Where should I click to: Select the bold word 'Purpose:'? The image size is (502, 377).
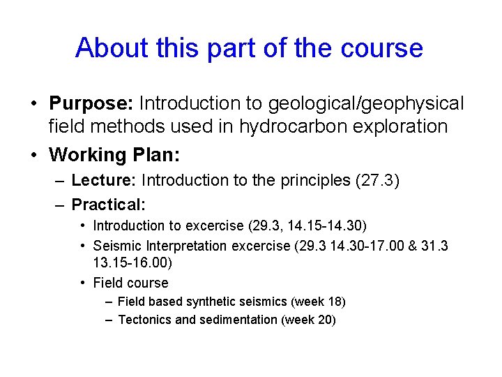coord(91,104)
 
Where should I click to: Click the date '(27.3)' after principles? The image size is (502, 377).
coord(377,181)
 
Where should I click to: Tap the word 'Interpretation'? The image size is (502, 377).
coord(184,246)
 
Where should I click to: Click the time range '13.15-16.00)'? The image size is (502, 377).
coord(132,264)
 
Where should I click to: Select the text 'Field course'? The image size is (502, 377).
coord(130,283)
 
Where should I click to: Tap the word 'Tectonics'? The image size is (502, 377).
coord(145,320)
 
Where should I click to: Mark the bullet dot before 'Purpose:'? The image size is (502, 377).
coord(33,104)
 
